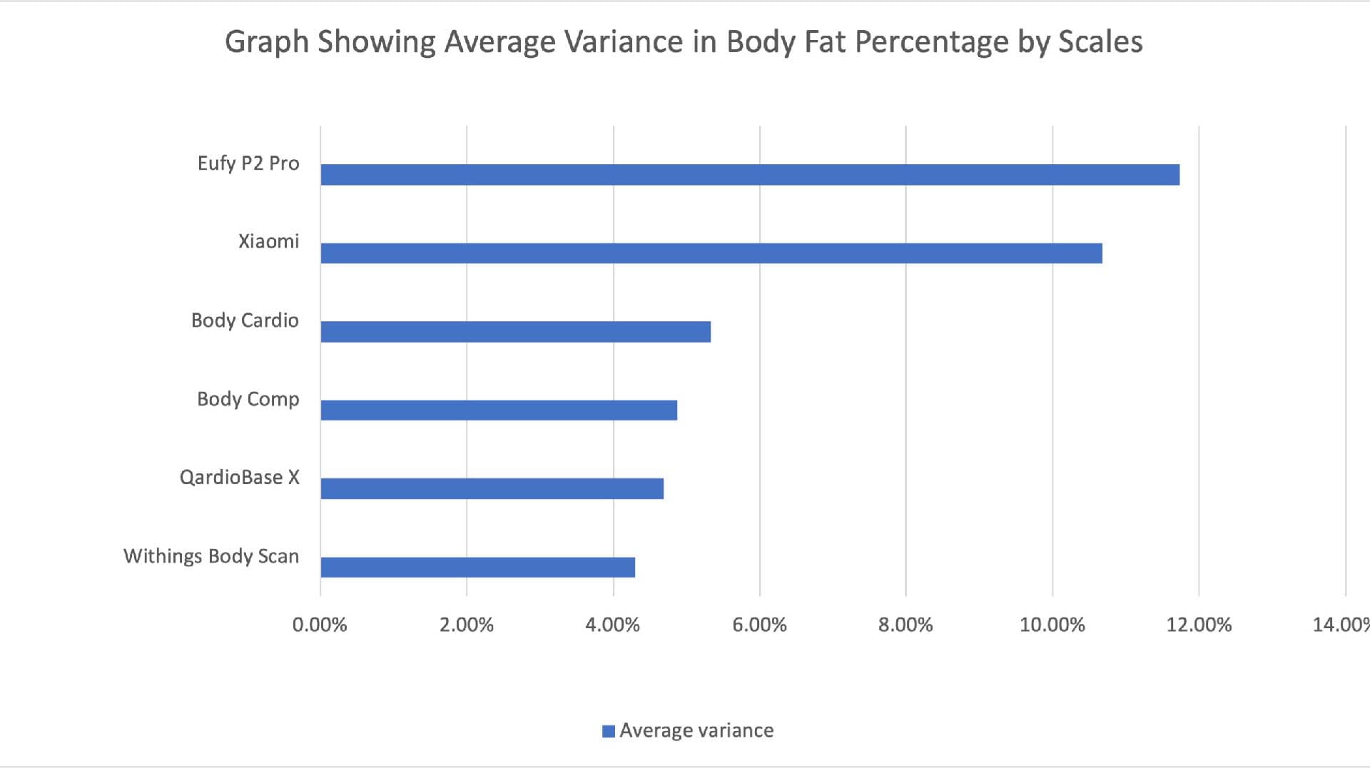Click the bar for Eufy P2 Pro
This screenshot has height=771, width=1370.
click(749, 175)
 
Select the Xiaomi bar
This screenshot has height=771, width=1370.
click(711, 253)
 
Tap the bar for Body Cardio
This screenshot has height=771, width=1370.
click(515, 332)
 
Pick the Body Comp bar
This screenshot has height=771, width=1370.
click(498, 410)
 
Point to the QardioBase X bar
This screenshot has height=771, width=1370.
click(492, 489)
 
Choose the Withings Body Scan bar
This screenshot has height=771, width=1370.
click(477, 568)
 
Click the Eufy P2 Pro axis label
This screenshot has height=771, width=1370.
click(248, 163)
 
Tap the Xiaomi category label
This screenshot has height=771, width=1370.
click(268, 241)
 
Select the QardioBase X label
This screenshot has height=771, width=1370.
click(239, 477)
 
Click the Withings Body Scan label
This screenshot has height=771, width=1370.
click(211, 556)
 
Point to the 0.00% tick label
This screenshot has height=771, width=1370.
click(320, 625)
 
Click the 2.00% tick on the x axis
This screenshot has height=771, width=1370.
click(467, 625)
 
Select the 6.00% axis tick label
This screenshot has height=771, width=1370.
click(759, 625)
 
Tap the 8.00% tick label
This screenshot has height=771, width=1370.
click(905, 625)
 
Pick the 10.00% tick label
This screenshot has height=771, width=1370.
click(1052, 625)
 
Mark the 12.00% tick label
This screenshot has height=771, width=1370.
click(1199, 625)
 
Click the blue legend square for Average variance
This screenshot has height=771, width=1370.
click(609, 731)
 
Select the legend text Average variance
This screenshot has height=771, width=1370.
click(696, 730)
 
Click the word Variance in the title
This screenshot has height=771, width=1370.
click(624, 41)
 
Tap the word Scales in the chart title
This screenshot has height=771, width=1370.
click(1100, 41)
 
